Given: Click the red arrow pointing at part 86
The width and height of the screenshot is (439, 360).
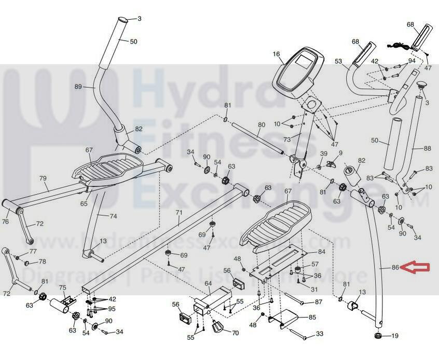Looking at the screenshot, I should click(418, 268).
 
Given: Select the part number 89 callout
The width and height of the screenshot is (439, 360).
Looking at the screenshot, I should click(78, 87).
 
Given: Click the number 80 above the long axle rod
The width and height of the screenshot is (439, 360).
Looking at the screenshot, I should click(261, 125).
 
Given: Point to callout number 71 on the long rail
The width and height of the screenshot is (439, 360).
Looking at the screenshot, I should click(179, 213).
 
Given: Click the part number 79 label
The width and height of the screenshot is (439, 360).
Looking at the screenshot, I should click(43, 178).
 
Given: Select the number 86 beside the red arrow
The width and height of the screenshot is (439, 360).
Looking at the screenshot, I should click(395, 268).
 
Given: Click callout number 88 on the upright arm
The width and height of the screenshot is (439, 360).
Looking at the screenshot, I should click(427, 148).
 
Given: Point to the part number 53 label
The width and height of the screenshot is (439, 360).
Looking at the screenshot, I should click(338, 61).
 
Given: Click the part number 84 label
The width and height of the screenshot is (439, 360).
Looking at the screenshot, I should click(321, 252).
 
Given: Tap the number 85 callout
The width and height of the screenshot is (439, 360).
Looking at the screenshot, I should click(312, 317).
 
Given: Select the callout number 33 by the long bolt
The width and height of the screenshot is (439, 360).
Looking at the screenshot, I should click(320, 334).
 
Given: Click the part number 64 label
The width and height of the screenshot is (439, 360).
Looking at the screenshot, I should click(208, 284).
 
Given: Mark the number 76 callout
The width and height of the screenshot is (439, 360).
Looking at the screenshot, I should click(5, 221).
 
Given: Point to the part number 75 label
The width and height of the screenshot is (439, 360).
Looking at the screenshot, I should click(62, 288).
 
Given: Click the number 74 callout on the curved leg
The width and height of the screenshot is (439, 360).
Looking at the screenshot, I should click(113, 216).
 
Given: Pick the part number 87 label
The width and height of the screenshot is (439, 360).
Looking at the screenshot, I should click(319, 301).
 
